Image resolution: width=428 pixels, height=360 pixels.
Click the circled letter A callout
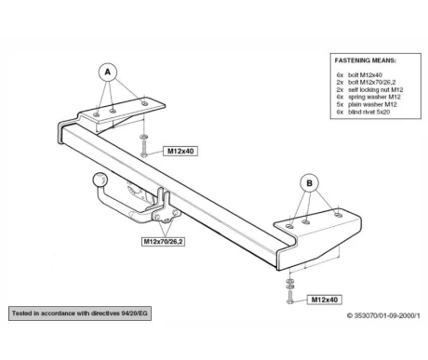tap(107, 73)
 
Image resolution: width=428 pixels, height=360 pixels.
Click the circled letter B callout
tap(309, 183)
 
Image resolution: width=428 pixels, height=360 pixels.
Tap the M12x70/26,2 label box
tap(164, 241)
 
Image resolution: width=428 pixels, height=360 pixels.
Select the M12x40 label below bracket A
tap(181, 151)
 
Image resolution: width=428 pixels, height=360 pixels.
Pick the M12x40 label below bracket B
tap(325, 300)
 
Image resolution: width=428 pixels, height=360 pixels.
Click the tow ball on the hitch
tap(100, 180)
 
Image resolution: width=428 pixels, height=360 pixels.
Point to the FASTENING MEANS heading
tap(366, 60)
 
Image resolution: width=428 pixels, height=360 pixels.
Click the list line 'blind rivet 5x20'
tap(363, 112)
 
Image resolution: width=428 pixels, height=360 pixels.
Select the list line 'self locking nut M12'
tap(369, 89)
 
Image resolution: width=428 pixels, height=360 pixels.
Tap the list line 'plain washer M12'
tap(367, 104)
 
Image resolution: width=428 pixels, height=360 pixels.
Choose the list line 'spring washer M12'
tap(368, 97)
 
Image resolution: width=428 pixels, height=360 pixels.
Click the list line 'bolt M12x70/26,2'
tap(366, 82)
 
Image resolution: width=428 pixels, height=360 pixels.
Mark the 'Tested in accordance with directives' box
tap(80, 313)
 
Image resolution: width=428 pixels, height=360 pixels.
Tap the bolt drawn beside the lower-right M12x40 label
tap(290, 297)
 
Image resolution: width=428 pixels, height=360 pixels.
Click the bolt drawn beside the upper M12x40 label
tap(143, 149)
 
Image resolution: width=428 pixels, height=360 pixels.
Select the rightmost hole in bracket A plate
tap(144, 103)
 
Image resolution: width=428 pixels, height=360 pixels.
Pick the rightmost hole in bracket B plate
tap(338, 215)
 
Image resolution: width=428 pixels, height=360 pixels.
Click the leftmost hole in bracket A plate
tap(97, 114)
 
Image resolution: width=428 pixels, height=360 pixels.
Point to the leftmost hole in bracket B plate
tap(290, 226)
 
